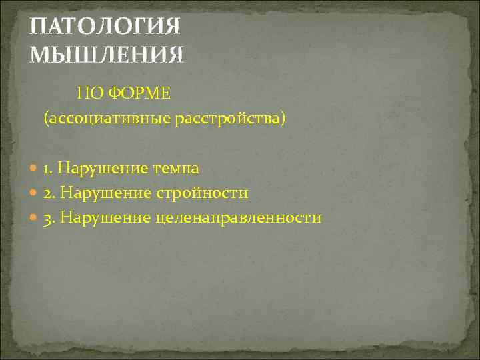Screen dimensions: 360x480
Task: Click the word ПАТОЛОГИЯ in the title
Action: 106,27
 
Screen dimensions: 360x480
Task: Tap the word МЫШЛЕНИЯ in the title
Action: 106,53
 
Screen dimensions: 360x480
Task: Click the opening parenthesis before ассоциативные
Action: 46,119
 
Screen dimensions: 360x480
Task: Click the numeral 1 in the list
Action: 47,169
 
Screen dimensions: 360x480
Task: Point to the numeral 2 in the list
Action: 47,193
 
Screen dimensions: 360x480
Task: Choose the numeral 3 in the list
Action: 47,218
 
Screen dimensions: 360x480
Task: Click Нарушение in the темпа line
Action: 93,169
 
